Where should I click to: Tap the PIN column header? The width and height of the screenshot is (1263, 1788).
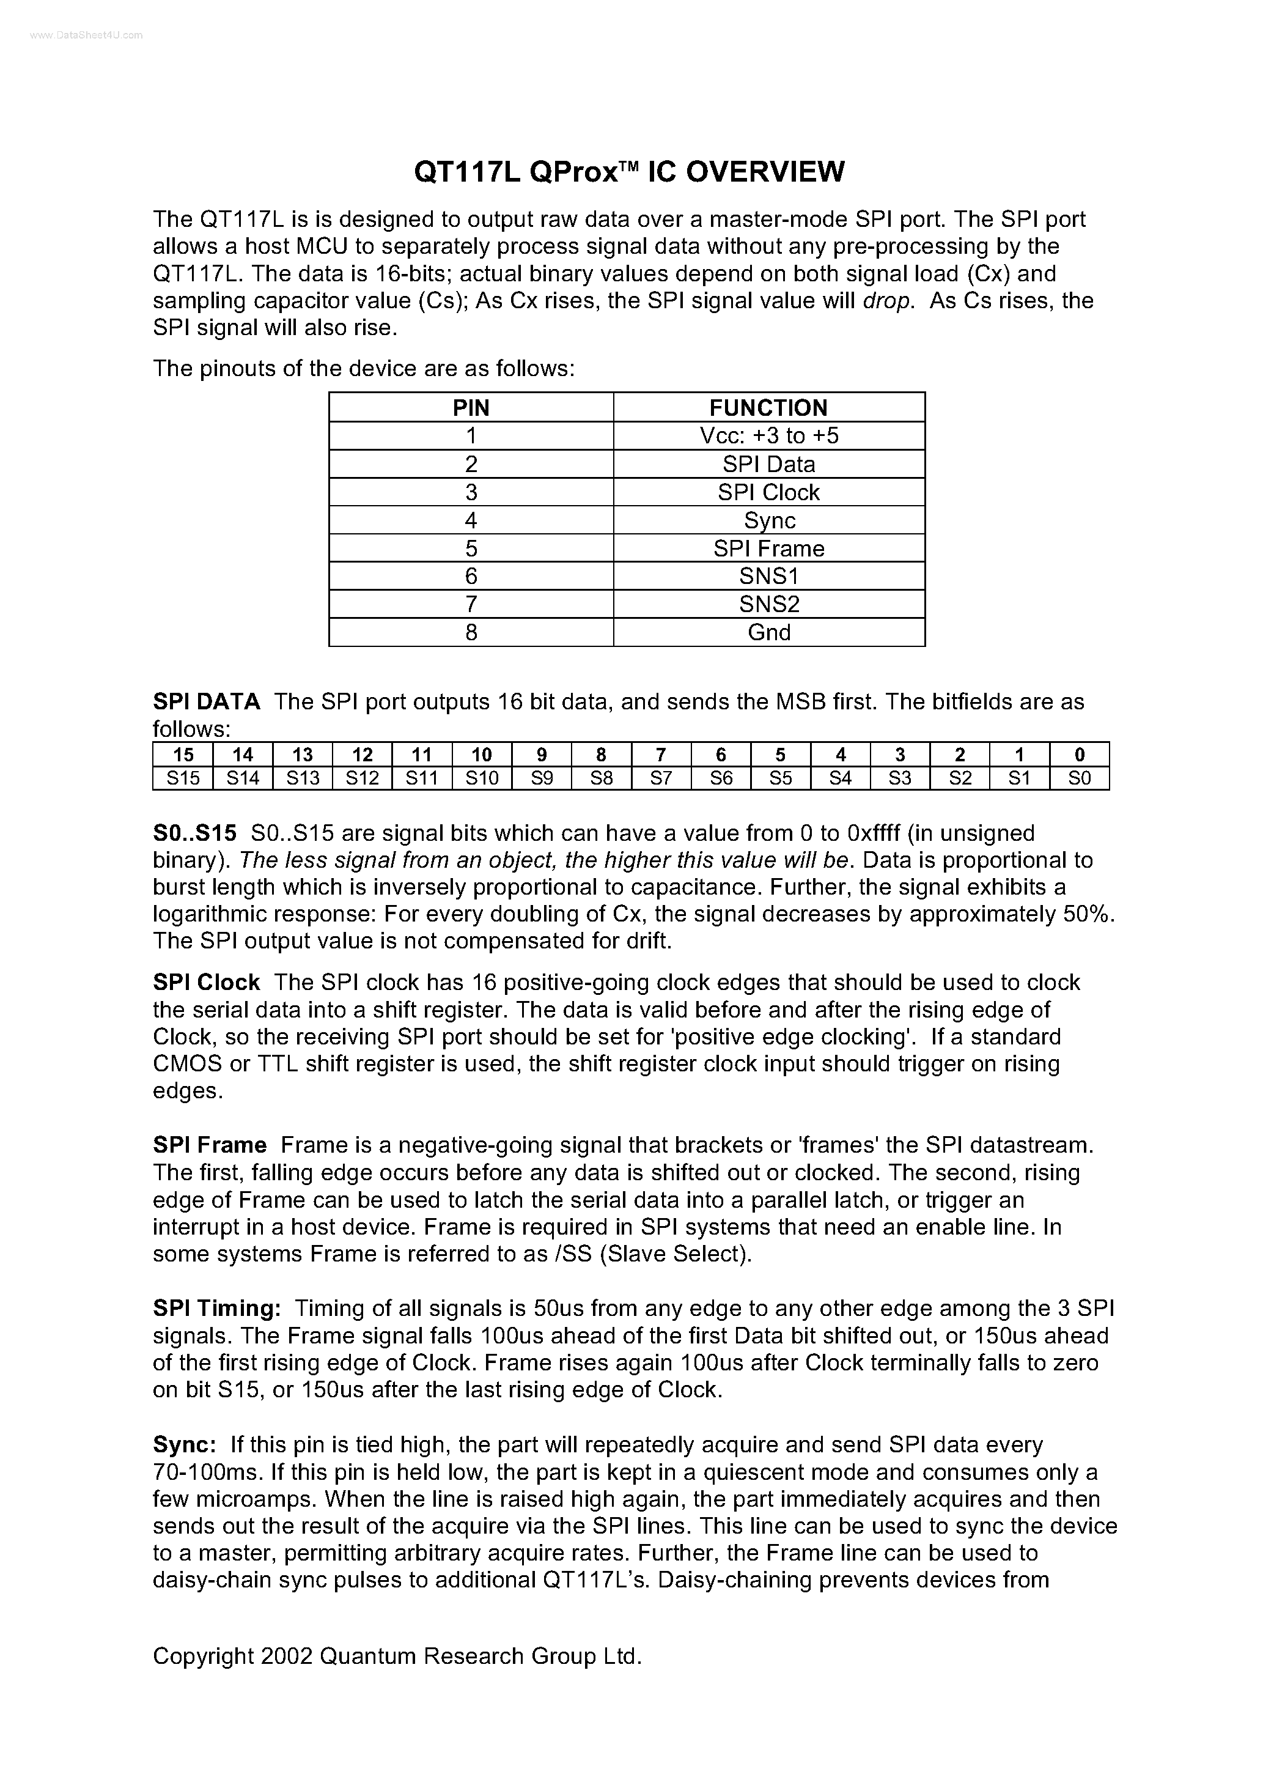point(471,407)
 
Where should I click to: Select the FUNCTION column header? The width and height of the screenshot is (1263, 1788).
point(768,407)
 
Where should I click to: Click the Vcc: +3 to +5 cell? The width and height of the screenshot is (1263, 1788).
point(768,435)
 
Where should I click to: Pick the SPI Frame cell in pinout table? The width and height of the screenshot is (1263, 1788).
point(768,549)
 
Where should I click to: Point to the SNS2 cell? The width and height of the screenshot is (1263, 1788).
point(768,604)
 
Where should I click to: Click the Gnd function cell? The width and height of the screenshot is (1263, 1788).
point(768,632)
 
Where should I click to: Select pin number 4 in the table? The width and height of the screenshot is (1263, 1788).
point(471,520)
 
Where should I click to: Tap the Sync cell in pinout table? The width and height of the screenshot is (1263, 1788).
point(768,520)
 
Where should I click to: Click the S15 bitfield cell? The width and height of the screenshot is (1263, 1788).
point(183,778)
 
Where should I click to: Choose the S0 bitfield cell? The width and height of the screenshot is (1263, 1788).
point(1079,778)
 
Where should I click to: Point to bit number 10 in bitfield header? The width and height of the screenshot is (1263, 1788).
point(482,755)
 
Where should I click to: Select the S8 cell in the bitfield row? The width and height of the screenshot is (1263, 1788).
point(601,778)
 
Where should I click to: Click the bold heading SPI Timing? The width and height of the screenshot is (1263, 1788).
point(216,1309)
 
